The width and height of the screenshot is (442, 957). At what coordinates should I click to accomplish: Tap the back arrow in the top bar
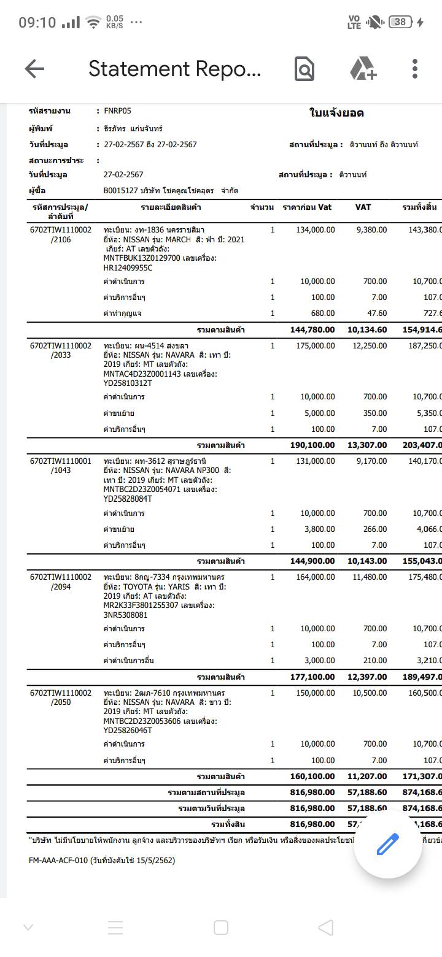(35, 69)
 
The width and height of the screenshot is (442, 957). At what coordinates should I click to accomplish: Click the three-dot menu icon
(415, 69)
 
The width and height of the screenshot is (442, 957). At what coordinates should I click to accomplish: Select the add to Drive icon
(363, 69)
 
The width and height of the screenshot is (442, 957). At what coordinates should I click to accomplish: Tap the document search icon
(304, 69)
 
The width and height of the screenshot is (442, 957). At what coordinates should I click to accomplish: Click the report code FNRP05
(117, 111)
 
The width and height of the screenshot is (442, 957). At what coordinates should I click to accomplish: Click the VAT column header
(363, 207)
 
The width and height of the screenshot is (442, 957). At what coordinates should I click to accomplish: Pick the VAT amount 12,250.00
(370, 346)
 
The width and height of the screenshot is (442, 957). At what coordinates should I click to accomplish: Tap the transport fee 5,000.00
(319, 413)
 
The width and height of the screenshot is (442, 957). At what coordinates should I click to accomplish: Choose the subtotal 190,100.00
(312, 445)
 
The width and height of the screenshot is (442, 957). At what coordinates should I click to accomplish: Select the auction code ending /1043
(61, 471)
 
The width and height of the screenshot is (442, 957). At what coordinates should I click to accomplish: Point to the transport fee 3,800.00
(319, 529)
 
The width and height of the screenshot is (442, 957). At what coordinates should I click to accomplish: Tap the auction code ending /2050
(61, 702)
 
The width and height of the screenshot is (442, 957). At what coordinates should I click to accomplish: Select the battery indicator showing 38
(400, 22)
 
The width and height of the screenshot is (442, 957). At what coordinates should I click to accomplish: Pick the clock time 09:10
(37, 23)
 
